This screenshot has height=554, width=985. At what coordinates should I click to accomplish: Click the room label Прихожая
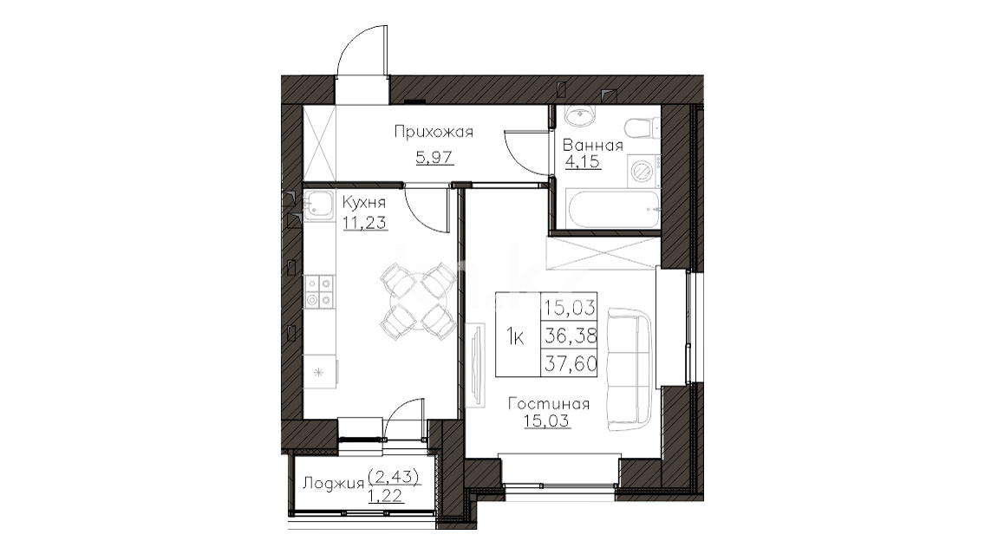coord(434,132)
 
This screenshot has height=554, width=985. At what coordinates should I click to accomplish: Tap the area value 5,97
coord(434,156)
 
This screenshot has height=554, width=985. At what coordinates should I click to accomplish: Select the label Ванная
coord(592,146)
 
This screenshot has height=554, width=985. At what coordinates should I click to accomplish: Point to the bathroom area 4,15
coord(583,162)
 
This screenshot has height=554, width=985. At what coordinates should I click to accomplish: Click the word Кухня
coord(363,203)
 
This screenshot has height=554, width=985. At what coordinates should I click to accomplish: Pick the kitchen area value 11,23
coord(365,222)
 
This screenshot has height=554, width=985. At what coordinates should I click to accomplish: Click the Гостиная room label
coord(549,403)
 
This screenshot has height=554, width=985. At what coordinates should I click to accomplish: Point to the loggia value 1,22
coord(385,496)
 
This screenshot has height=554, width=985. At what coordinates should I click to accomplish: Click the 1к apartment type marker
coord(516,338)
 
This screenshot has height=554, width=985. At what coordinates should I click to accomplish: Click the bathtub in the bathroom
coord(612,209)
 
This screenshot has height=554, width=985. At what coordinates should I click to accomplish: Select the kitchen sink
coord(319,206)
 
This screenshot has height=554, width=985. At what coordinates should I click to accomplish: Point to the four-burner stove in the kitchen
coord(319,292)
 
